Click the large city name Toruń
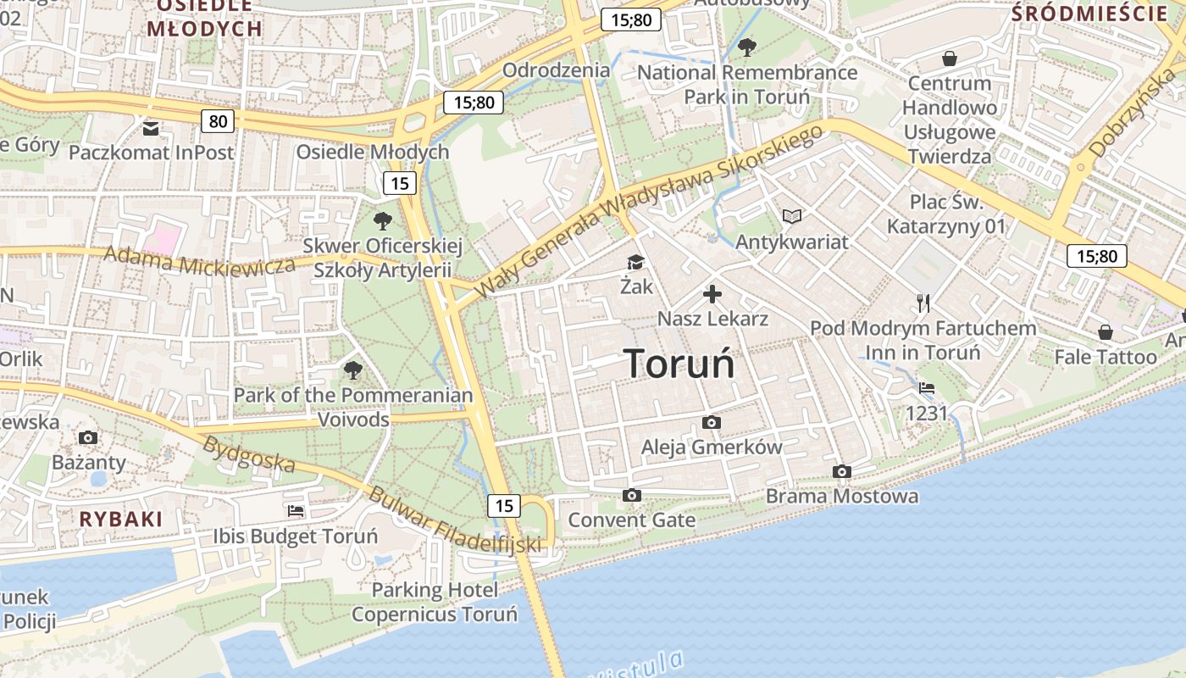[x=679, y=364]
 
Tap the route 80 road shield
[x=218, y=121]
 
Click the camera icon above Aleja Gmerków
[x=712, y=422]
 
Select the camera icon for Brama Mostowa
[x=841, y=471]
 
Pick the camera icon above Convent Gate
[x=631, y=495]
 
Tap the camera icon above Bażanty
[x=88, y=437]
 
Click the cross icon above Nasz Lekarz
[x=712, y=294]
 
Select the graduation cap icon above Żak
[x=636, y=263]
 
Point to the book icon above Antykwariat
[x=792, y=217]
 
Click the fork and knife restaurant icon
[x=923, y=303]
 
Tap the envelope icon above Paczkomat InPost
[x=151, y=129]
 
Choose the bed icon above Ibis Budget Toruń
[x=295, y=511]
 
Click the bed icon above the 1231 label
[x=927, y=388]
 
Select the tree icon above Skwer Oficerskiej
[x=383, y=221]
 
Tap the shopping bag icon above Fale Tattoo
[x=1105, y=331]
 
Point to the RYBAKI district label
[x=120, y=520]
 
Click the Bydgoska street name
[x=250, y=454]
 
